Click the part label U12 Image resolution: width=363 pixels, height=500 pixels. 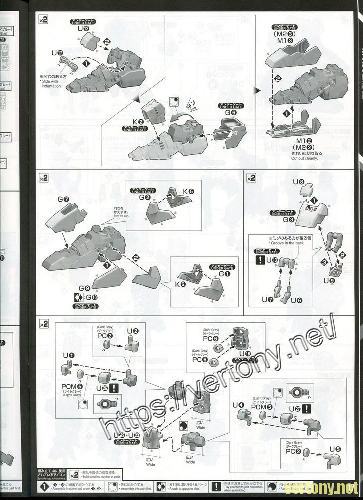tap(83, 29)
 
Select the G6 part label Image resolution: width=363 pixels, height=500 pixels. tap(230, 113)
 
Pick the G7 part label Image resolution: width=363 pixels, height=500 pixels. tap(63, 199)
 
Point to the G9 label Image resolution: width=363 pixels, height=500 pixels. tap(84, 288)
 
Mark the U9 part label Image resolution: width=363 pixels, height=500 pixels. tap(329, 280)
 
